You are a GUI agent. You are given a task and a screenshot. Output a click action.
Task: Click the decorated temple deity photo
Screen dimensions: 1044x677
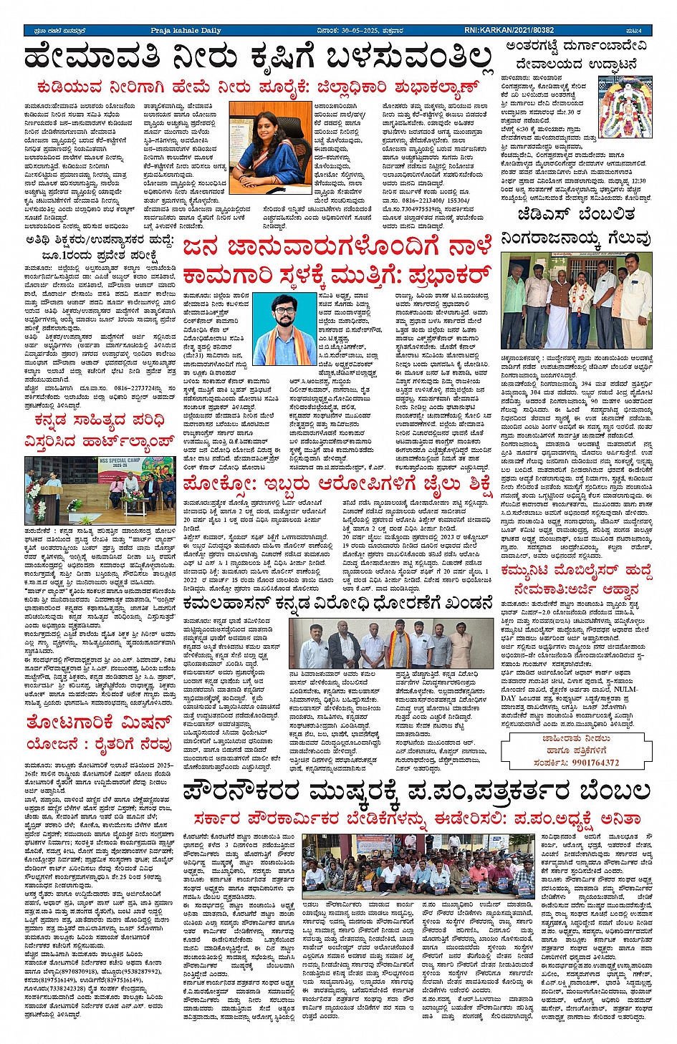[626, 105]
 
